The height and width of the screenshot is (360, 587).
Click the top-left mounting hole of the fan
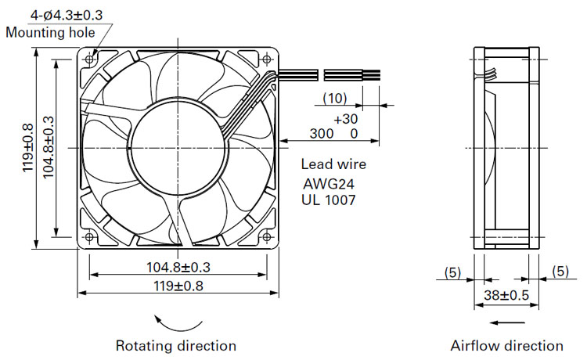point(89,59)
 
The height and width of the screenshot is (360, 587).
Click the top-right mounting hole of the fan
point(267,59)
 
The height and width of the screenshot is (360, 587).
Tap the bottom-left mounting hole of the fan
point(89,237)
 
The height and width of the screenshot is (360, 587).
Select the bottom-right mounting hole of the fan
point(267,237)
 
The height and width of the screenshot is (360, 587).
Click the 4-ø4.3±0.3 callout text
point(67,15)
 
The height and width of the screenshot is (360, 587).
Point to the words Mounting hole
point(51,33)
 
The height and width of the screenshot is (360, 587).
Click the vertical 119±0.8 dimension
point(28,148)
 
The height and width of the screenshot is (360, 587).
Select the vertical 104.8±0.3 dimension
point(49,147)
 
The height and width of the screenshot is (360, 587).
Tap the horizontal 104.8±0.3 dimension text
point(178,267)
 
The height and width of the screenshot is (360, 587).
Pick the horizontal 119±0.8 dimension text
point(178,286)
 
